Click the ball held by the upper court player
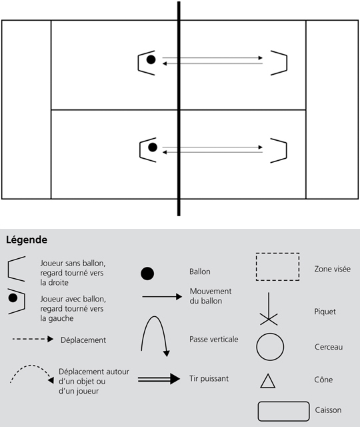point(151,59)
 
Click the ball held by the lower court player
point(153,147)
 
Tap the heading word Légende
point(27,240)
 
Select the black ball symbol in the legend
point(147,274)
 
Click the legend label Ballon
point(200,272)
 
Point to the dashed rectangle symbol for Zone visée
point(277,254)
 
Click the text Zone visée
point(332,269)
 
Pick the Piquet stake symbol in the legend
point(269,309)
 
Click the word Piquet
point(325,312)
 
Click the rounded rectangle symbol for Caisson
point(283,402)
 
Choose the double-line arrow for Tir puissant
point(159,379)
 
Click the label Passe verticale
point(213,340)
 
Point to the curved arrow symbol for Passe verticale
point(154,316)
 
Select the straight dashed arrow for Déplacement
point(33,339)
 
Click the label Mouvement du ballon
point(211,296)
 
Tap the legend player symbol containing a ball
point(24,301)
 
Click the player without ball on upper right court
point(287,63)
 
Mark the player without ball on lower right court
point(286,151)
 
